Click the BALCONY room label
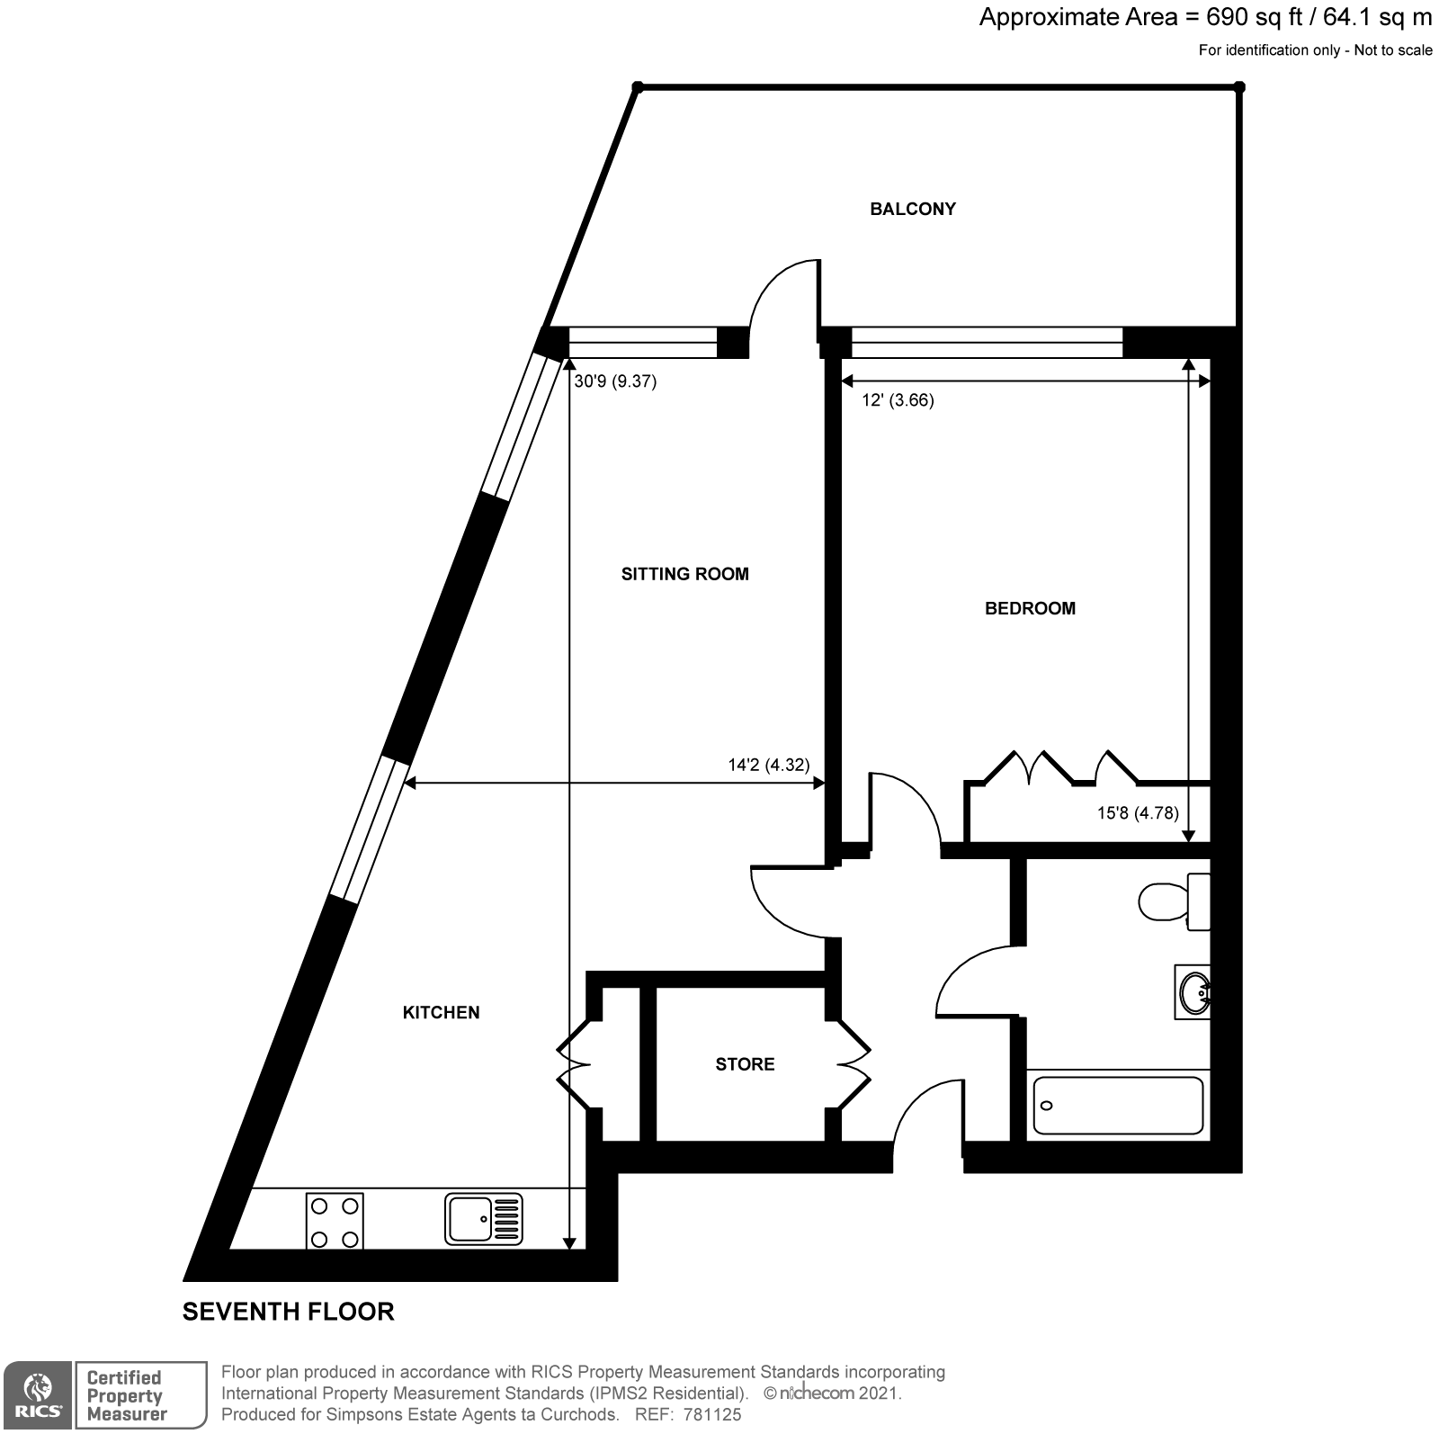pos(912,209)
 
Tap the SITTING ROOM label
pos(684,574)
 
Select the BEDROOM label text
pos(1030,608)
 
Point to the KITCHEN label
pos(441,1012)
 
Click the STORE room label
pos(745,1064)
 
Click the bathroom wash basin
pos(1193,993)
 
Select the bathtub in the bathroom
pos(1118,1106)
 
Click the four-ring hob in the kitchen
pos(335,1220)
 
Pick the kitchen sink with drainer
pos(483,1219)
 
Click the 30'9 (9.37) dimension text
pos(616,381)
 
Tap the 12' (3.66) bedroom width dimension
pos(898,400)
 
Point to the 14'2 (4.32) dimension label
pos(768,766)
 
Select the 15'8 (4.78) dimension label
pos(1137,813)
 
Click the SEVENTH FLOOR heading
pos(288,1312)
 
